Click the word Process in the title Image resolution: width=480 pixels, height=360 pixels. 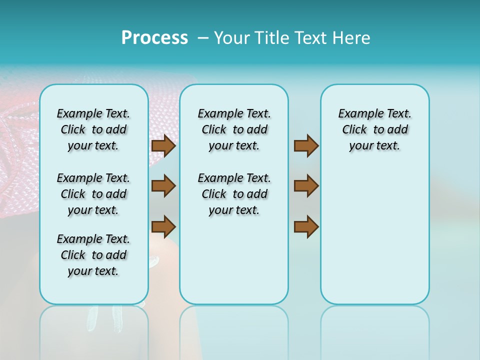point(154,38)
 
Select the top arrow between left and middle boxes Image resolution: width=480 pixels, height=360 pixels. point(163,145)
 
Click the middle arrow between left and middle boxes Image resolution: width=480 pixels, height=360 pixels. point(163,186)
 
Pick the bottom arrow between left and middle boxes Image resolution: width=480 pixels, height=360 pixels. point(163,227)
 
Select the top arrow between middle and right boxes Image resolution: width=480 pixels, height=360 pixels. point(306,145)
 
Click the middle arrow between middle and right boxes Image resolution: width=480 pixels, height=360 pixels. point(306,186)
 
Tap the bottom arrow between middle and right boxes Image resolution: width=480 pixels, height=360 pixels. point(306,227)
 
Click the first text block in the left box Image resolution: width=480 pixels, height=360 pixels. point(93,129)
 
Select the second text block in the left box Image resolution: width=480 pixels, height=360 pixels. point(93,194)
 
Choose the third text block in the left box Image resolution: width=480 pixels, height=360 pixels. point(93,255)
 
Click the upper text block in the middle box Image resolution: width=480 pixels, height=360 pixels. point(234,129)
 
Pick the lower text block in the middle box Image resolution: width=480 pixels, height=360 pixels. point(234,194)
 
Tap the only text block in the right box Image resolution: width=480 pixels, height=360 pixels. point(375,129)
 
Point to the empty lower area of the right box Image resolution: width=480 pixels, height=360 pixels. point(375,235)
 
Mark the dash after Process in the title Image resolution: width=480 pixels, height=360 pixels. point(203,38)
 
